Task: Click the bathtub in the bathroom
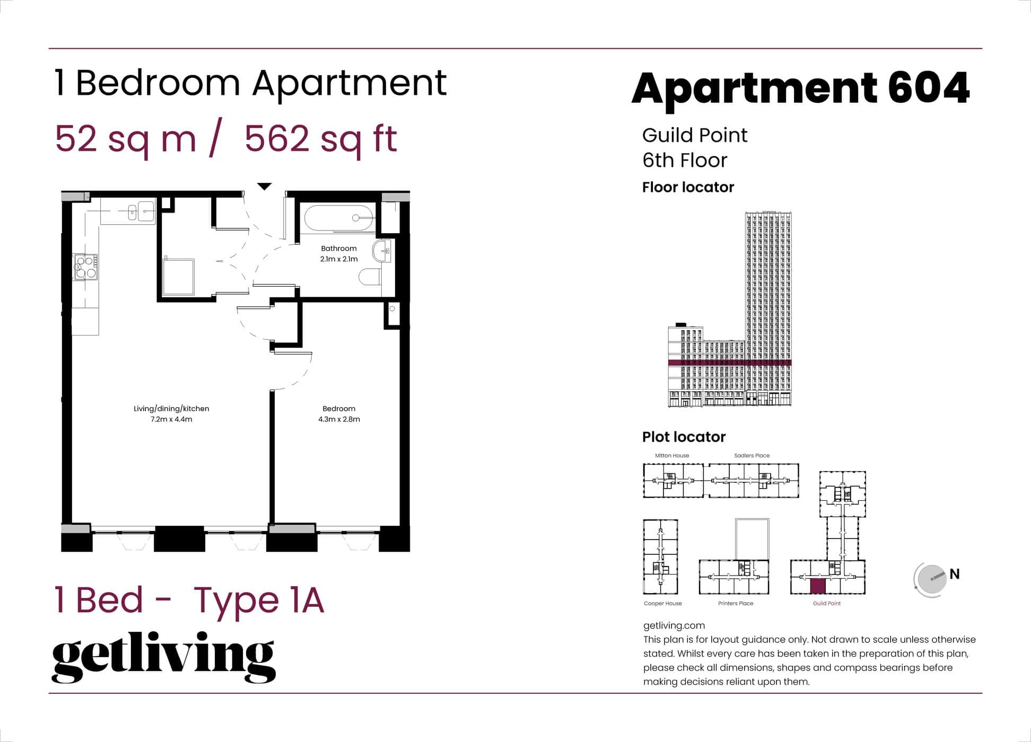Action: pos(338,218)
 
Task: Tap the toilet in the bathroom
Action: pos(370,277)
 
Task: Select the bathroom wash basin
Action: pos(382,251)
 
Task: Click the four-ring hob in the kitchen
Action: pos(85,267)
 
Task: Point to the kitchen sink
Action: pos(141,211)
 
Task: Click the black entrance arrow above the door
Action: pos(264,187)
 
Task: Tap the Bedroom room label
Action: pos(338,409)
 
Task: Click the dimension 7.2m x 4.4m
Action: pos(171,419)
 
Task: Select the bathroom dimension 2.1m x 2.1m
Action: pos(338,259)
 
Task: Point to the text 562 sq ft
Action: pos(320,139)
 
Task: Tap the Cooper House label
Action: pos(662,603)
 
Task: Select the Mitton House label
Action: pos(671,455)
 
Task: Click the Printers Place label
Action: pos(735,603)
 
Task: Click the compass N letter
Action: pos(954,574)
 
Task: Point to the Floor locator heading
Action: pos(688,187)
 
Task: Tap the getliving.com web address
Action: pos(674,625)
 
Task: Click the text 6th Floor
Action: pos(684,160)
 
